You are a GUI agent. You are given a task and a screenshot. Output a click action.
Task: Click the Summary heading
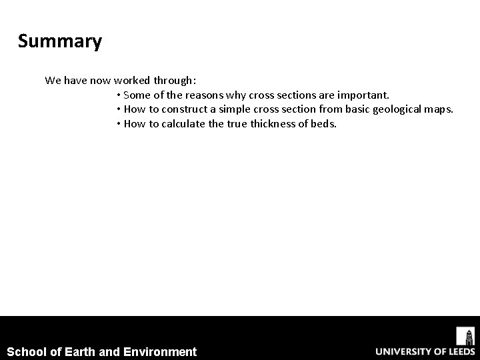point(60,42)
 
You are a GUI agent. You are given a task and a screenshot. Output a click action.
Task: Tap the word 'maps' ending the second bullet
point(439,109)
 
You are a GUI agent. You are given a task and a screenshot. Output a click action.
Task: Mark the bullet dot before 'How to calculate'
point(118,123)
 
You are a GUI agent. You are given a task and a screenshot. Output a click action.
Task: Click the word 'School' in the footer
point(27,351)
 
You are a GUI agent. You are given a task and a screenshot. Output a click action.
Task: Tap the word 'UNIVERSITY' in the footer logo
point(403,351)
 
